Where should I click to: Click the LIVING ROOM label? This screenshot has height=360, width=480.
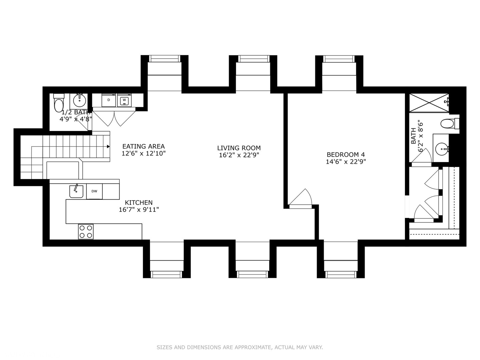pyautogui.click(x=239, y=148)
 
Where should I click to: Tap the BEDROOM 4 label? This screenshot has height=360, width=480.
pyautogui.click(x=346, y=155)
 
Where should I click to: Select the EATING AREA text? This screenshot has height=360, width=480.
pyautogui.click(x=143, y=146)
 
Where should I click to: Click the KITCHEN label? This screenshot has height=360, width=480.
pyautogui.click(x=139, y=203)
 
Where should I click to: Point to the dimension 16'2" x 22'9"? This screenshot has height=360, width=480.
pyautogui.click(x=239, y=155)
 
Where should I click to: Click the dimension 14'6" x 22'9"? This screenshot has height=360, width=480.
pyautogui.click(x=346, y=162)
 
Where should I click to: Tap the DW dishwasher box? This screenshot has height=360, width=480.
pyautogui.click(x=94, y=191)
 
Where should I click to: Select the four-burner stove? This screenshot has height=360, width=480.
pyautogui.click(x=86, y=231)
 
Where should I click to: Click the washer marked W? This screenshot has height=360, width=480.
pyautogui.click(x=124, y=100)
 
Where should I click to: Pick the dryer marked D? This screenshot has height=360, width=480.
pyautogui.click(x=109, y=100)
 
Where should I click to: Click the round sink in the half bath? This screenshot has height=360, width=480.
pyautogui.click(x=79, y=100)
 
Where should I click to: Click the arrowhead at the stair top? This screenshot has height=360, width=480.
pyautogui.click(x=108, y=146)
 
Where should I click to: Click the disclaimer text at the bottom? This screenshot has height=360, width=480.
pyautogui.click(x=240, y=347)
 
